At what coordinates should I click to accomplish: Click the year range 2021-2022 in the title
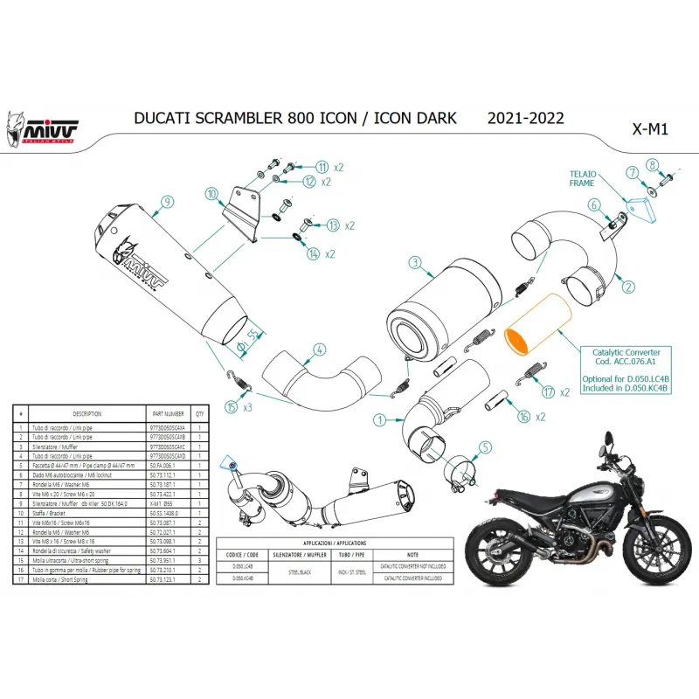pyautogui.click(x=525, y=118)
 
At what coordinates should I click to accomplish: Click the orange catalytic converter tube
pyautogui.click(x=538, y=325)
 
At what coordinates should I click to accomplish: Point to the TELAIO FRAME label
pyautogui.click(x=584, y=179)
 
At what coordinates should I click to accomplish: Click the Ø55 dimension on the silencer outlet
pyautogui.click(x=253, y=336)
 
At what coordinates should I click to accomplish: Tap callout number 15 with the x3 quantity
pyautogui.click(x=231, y=407)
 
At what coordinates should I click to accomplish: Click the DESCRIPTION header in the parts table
pyautogui.click(x=87, y=413)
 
